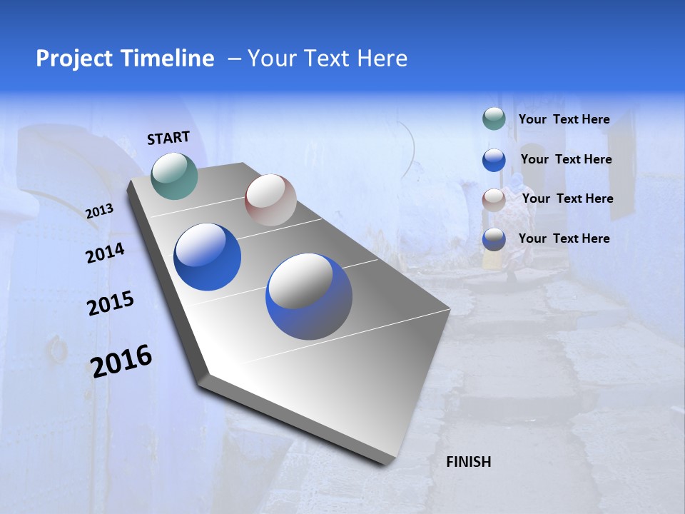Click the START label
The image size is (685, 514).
(168, 138)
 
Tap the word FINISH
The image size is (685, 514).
(468, 462)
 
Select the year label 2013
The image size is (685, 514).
(99, 211)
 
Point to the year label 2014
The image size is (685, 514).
(105, 253)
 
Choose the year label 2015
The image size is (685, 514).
(110, 303)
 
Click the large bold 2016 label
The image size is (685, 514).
(121, 361)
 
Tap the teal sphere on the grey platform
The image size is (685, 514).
(174, 176)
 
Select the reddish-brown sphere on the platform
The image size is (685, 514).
(270, 200)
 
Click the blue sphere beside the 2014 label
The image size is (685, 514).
(207, 257)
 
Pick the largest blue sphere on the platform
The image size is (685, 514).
(309, 296)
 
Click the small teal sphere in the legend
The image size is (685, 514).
(494, 119)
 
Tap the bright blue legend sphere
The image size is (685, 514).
(494, 160)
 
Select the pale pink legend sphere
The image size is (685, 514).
(494, 200)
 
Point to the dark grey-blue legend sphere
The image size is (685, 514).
(494, 239)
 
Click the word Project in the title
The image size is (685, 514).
(74, 59)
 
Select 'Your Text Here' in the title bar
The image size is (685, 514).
(328, 59)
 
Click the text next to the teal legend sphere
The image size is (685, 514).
(564, 119)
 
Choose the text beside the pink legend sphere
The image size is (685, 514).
(567, 198)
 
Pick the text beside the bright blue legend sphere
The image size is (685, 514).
(566, 159)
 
